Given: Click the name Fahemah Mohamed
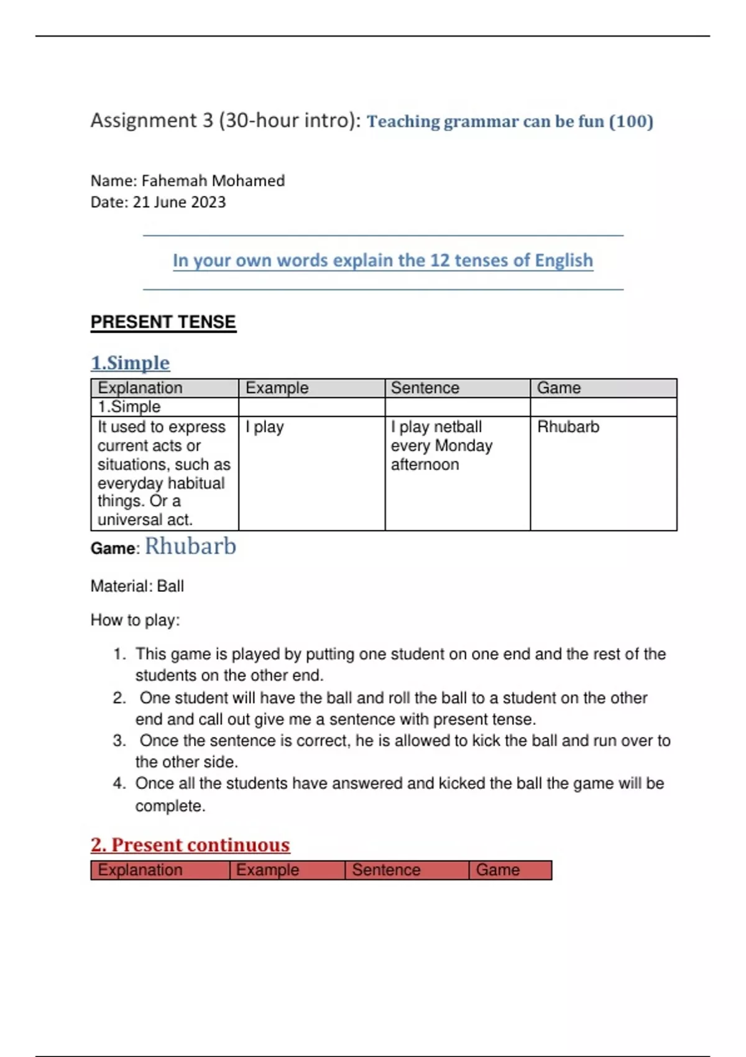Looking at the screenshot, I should pos(213,181).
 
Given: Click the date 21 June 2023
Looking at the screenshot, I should pos(179,202).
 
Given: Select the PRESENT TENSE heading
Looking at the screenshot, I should pos(163,322).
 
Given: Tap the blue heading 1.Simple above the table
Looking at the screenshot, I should pos(130,363).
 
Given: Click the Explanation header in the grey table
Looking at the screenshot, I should pos(140,388).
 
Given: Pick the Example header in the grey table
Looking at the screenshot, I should pos(277,388).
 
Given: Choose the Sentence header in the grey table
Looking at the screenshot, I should pos(425,388).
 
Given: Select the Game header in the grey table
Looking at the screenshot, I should pos(558,388).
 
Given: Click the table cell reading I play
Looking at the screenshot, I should pos(264,427).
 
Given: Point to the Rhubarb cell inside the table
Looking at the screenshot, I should pos(568,427).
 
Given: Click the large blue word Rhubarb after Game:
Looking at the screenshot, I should pos(190,546).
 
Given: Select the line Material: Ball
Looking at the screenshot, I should pos(137,586).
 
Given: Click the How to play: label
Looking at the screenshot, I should pos(135,620).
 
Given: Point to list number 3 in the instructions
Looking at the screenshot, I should pos(119,741).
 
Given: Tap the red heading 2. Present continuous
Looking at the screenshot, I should pos(190,845).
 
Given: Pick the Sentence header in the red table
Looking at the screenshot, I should pos(386,870).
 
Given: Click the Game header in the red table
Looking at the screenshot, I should pos(497,870).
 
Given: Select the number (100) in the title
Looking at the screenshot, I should pos(631,121).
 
